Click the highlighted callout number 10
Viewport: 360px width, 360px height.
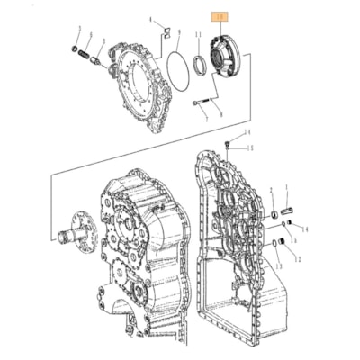coord(218,16)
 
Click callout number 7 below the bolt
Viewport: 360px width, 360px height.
coord(206,118)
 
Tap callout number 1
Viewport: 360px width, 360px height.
coord(287,191)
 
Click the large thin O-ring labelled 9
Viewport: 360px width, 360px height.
coord(175,71)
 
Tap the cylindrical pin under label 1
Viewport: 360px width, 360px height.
coord(288,211)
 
